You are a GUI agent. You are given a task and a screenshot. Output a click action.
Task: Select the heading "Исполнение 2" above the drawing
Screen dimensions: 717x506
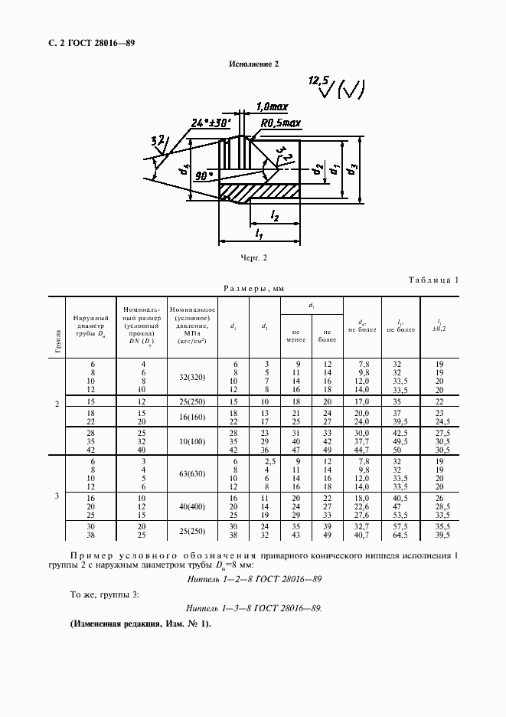coord(253,64)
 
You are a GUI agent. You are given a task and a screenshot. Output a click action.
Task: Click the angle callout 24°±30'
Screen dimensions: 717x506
coord(211,122)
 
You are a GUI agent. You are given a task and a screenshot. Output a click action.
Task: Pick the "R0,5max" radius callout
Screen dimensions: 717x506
coord(281,123)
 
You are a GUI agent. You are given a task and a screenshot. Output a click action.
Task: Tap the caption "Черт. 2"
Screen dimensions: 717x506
coord(253,259)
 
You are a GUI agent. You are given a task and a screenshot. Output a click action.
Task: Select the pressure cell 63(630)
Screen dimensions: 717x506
coord(191,474)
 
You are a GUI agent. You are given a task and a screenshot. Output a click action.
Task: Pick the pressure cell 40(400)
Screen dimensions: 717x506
coord(191,506)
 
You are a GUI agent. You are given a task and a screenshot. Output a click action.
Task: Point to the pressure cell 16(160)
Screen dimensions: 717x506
coord(191,417)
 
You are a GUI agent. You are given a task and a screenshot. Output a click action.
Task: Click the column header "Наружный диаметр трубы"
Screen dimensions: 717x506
coord(90,326)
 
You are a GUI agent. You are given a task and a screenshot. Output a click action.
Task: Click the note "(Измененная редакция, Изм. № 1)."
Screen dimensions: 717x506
coord(141,623)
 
